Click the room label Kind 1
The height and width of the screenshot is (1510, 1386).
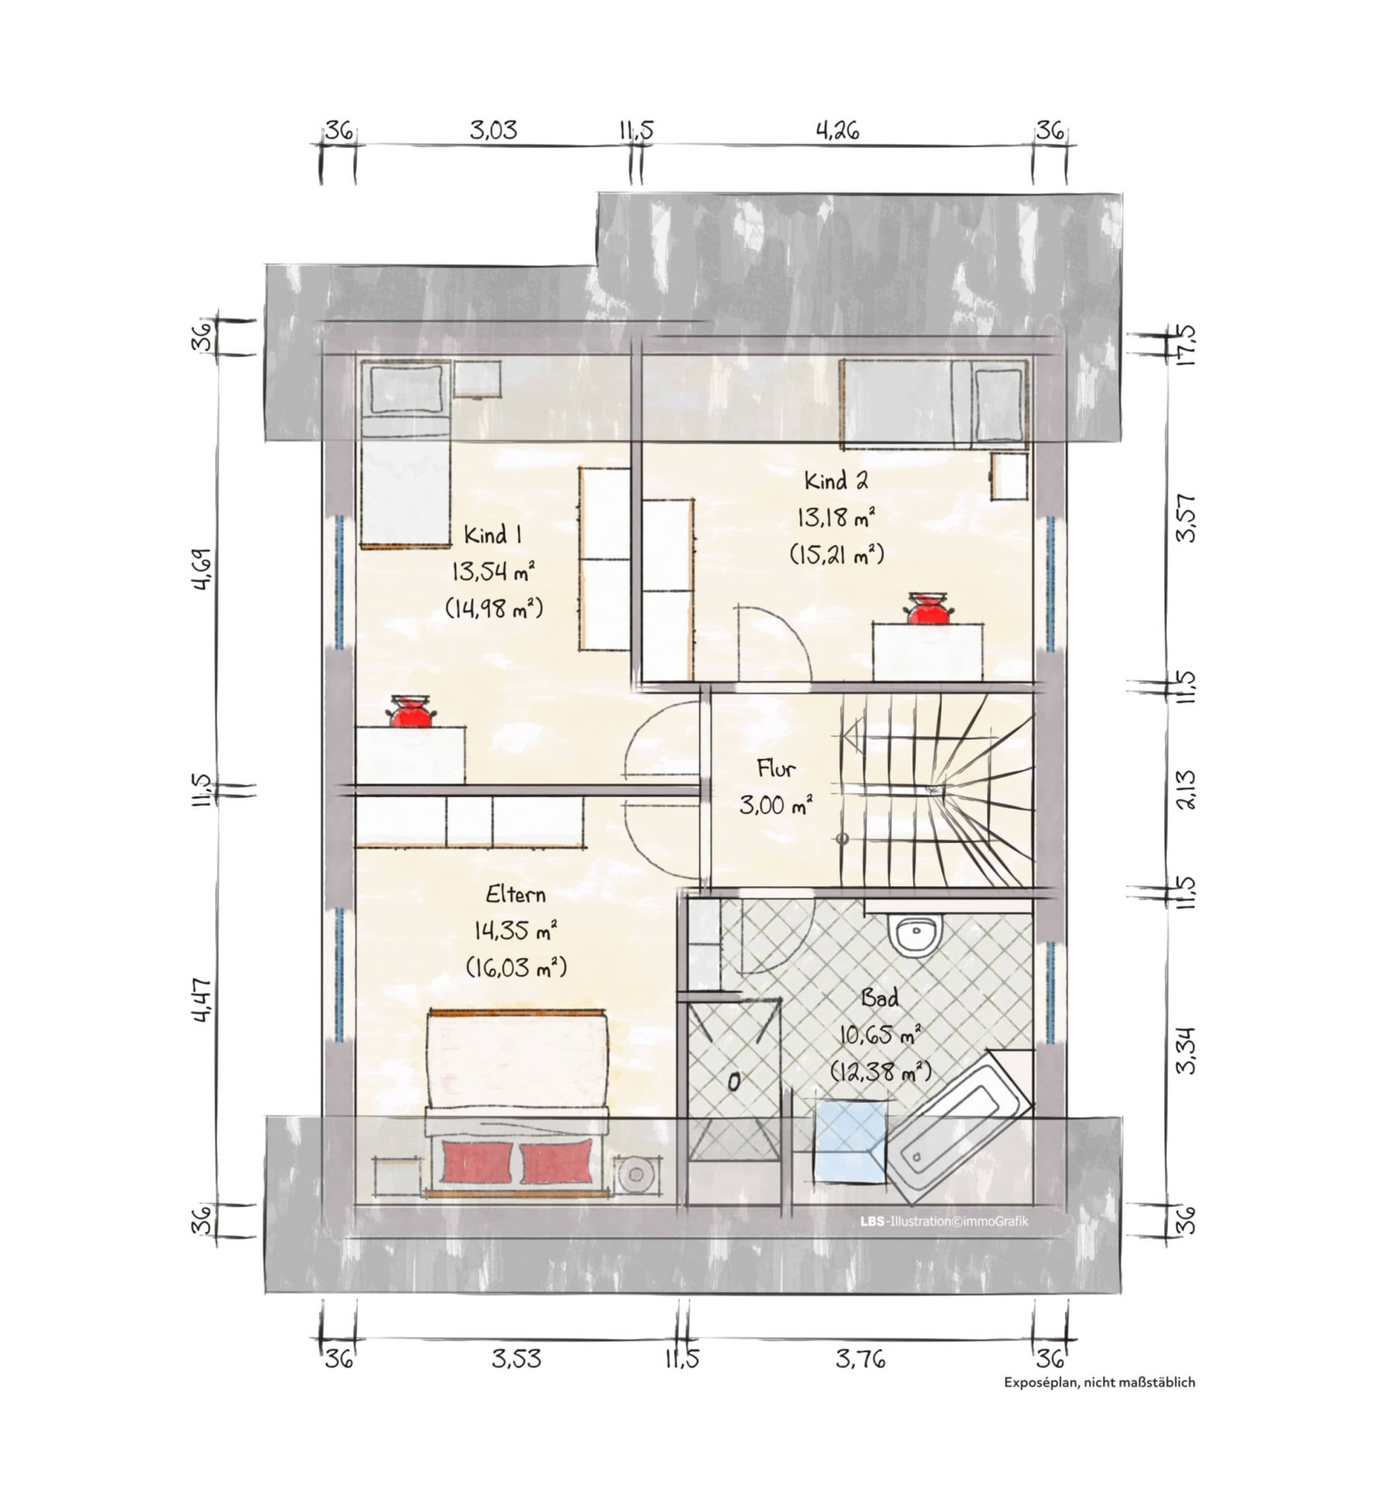click(x=493, y=535)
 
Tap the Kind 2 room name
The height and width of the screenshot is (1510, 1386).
click(x=836, y=480)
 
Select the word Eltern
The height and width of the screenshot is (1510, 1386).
click(x=516, y=894)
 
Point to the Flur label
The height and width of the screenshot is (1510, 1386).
click(x=776, y=768)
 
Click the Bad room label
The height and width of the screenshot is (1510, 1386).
click(x=879, y=998)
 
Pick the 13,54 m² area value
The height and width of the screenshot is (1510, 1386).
click(x=493, y=571)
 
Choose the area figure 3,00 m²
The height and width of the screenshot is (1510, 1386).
click(x=776, y=805)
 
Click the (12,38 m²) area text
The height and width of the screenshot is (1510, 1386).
click(x=881, y=1072)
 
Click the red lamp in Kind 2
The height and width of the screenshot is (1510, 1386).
click(x=929, y=607)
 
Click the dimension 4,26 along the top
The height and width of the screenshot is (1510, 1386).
click(x=837, y=130)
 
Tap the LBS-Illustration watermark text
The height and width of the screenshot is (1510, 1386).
click(x=945, y=1221)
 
